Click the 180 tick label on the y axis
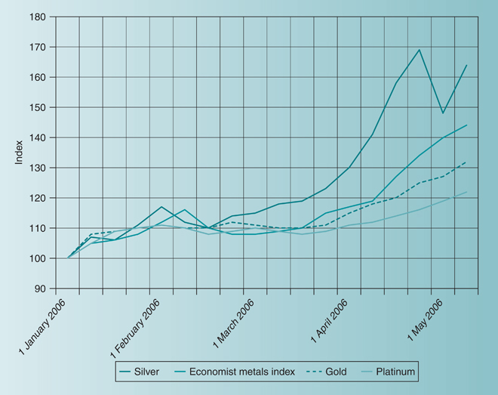[x=38, y=17]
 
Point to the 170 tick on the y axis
[x=38, y=47]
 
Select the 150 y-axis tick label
[x=38, y=107]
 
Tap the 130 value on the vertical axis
[x=38, y=168]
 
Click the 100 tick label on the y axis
[x=38, y=258]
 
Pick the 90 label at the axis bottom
[x=41, y=289]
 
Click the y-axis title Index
[x=20, y=153]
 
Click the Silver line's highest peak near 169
[x=420, y=50]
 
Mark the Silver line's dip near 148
[x=443, y=113]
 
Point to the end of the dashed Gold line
[x=466, y=162]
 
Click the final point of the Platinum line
[x=466, y=192]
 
